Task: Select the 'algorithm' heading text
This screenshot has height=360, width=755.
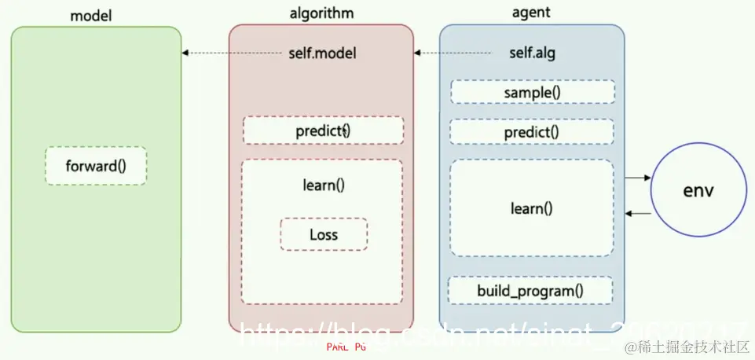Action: pos(321,13)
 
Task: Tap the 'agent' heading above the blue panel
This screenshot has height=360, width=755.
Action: pos(530,13)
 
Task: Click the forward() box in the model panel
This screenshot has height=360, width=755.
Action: pos(96,166)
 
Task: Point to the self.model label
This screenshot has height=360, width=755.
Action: pos(322,53)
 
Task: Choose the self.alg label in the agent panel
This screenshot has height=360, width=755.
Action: pos(533,53)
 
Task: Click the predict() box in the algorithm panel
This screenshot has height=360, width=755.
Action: pos(323,130)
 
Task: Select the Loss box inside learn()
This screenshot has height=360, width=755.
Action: pos(323,234)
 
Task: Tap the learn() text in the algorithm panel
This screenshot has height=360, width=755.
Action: pos(323,186)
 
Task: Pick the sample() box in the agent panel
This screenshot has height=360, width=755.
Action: pos(532,92)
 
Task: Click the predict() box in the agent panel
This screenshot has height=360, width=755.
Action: pos(532,131)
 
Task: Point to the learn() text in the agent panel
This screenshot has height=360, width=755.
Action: pos(532,208)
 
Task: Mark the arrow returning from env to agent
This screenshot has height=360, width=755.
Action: pos(638,213)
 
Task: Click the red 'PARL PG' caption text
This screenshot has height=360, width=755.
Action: pos(346,346)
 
